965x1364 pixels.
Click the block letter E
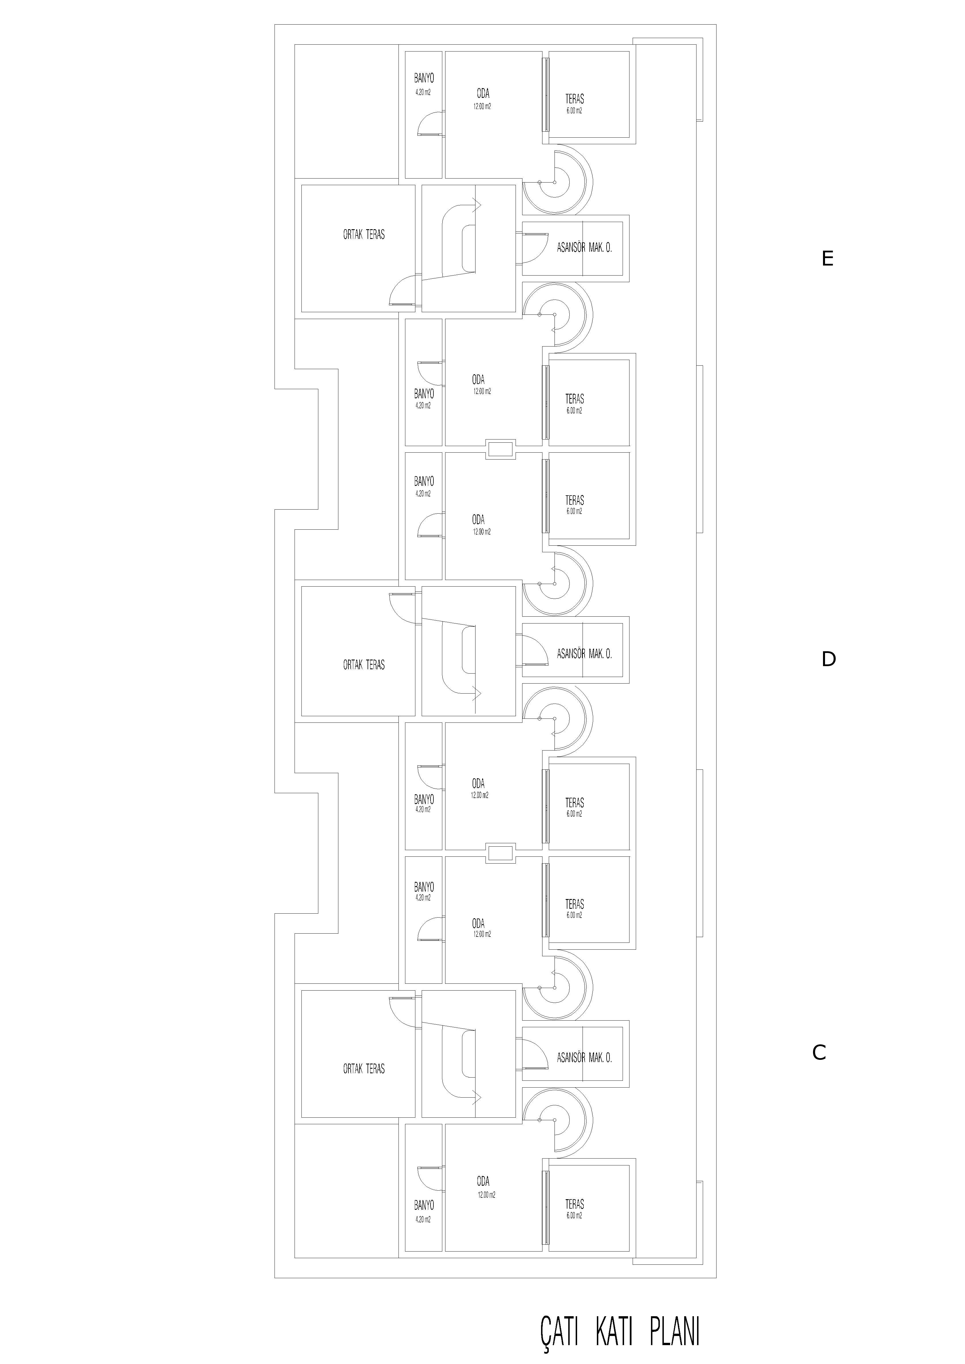pos(827,259)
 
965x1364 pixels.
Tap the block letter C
pos(819,1053)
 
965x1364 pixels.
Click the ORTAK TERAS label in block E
pos(364,235)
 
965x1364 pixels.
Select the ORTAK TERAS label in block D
pos(364,665)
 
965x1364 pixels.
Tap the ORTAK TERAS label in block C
pos(364,1069)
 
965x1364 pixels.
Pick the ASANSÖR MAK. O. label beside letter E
pos(584,248)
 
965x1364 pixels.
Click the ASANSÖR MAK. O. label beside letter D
pos(584,654)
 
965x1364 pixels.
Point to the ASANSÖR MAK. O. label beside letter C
pos(584,1058)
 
